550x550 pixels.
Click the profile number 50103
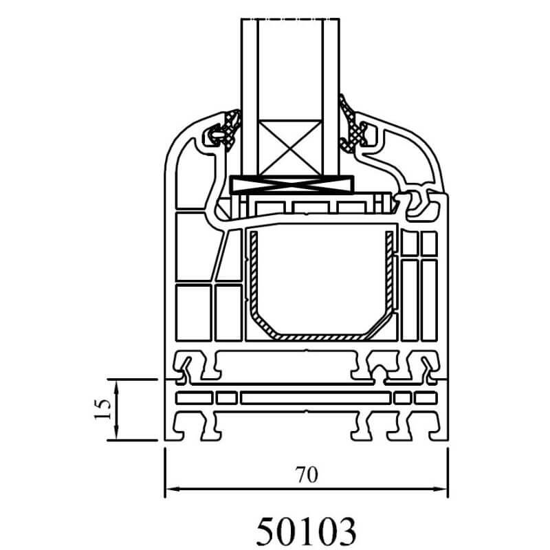coord(306,531)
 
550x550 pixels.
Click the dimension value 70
coord(307,474)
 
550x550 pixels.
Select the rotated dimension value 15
coord(102,409)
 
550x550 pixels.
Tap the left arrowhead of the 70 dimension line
coord(173,489)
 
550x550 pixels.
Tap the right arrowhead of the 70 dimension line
coord(441,489)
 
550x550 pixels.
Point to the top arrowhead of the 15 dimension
coord(117,386)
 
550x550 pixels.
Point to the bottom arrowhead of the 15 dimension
coord(117,433)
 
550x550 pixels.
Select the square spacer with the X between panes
coord(290,148)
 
